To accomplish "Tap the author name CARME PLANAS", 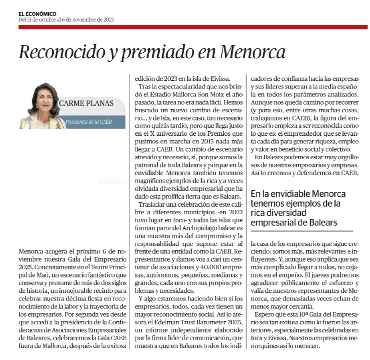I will pos(87,102).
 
